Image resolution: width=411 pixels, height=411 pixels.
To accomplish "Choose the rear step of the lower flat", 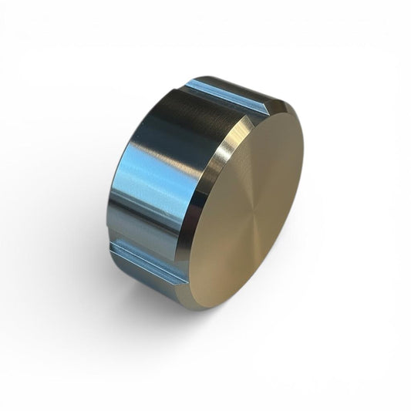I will click(116, 247).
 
